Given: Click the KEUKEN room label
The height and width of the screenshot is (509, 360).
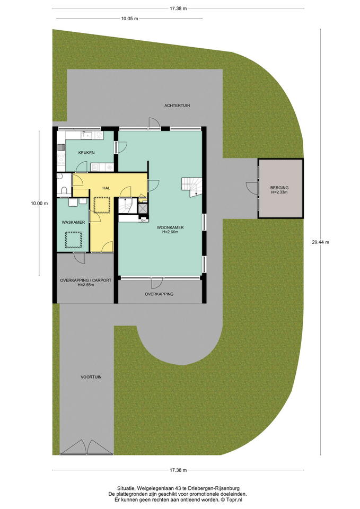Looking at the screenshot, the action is click(86, 153).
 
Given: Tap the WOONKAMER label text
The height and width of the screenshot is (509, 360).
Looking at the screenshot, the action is click(170, 227).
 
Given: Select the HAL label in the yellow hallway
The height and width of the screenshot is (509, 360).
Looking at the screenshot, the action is click(106, 188).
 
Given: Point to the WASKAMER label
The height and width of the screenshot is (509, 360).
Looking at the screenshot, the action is click(73, 222).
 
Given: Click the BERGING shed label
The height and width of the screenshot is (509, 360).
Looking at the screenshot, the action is click(279, 188).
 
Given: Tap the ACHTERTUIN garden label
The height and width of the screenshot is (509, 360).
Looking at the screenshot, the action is click(177, 106).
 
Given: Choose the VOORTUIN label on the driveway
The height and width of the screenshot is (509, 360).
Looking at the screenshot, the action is click(91, 377).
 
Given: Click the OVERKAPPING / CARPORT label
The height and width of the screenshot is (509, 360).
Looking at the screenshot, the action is click(86, 280).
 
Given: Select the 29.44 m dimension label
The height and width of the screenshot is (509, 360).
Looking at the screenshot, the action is click(320, 242).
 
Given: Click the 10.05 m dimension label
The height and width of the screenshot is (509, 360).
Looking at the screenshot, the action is click(129, 19).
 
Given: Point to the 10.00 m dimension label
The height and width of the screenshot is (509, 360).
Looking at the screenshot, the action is click(39, 204).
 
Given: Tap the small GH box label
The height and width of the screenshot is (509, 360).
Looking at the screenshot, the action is click(143, 220).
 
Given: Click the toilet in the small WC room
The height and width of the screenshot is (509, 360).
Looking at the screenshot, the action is click(64, 190).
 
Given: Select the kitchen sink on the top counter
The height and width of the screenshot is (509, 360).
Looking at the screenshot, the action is click(87, 135).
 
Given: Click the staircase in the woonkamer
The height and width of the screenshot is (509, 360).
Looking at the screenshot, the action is click(191, 187).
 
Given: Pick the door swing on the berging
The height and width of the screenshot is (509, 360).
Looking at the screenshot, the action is click(252, 188).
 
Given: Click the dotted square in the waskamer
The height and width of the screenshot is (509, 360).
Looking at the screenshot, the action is click(73, 240).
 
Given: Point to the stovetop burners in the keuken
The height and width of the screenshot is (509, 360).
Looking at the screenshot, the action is click(61, 159).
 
